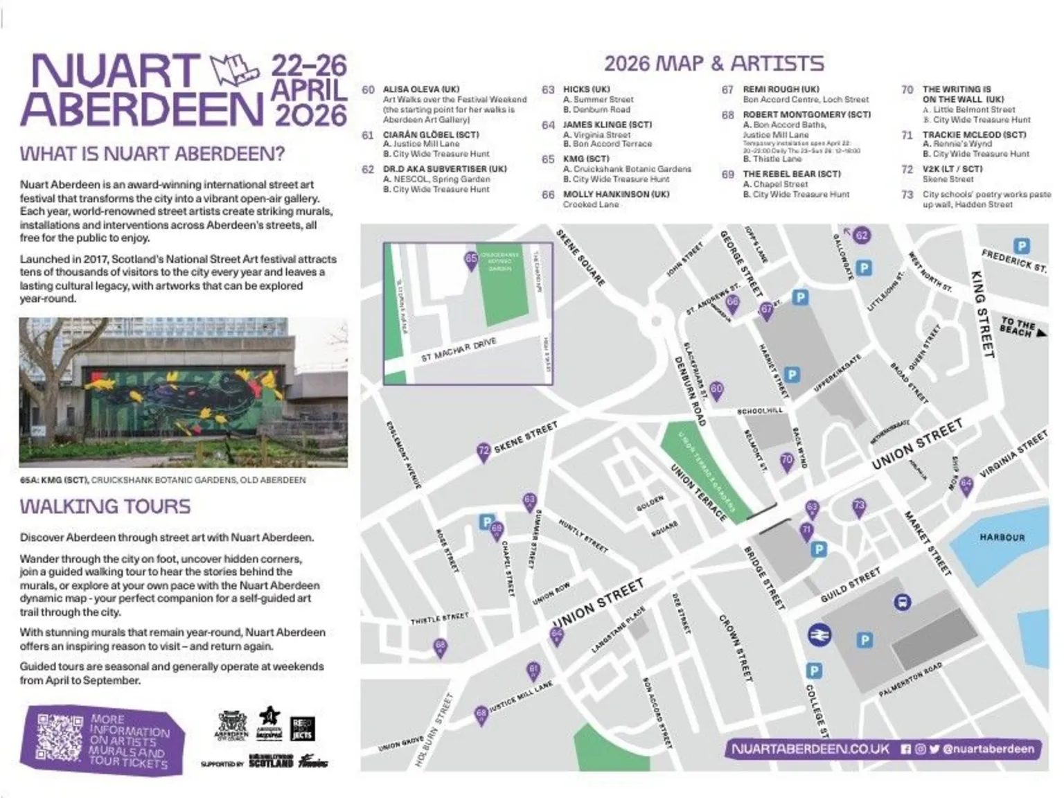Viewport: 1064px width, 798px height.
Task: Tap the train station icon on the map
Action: (820, 635)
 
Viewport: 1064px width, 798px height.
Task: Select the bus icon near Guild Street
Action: (902, 602)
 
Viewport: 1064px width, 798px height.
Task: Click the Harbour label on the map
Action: (1002, 537)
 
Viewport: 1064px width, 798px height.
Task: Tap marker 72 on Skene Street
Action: (484, 451)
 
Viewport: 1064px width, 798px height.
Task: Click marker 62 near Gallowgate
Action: (861, 236)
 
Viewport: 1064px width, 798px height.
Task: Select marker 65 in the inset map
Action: (471, 260)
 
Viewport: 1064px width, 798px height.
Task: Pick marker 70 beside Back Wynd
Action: (786, 460)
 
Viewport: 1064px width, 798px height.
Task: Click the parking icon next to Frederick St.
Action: (1021, 246)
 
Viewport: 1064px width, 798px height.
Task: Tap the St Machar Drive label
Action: (459, 351)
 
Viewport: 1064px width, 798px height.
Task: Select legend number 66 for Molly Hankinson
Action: (548, 195)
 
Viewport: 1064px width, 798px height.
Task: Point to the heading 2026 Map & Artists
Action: (713, 64)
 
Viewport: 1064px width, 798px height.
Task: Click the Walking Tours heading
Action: (105, 506)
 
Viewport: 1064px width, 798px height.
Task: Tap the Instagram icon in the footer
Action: (920, 749)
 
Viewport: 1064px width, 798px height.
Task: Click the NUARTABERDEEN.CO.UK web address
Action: (810, 749)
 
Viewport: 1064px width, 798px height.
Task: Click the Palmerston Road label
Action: (910, 680)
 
